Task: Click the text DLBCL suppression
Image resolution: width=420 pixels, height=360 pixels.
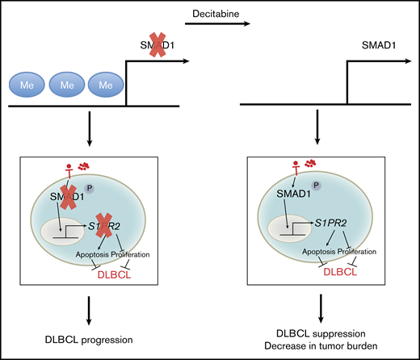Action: click(321, 330)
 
